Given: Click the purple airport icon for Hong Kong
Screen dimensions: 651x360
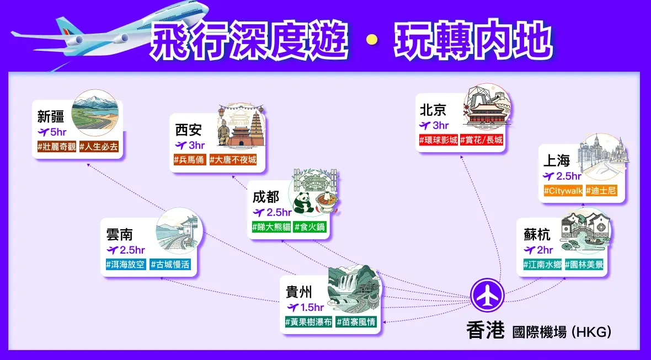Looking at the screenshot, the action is click(x=487, y=295).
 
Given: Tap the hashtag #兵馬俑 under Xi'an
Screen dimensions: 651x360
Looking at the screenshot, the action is click(x=190, y=160).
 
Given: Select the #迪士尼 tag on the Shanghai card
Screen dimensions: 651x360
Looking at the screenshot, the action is click(x=601, y=191).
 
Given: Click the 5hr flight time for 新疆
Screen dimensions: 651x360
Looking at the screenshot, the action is click(x=52, y=132).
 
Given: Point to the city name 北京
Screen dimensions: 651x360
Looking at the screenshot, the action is click(x=433, y=110).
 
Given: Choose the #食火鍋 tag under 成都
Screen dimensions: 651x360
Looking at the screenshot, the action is click(x=310, y=227).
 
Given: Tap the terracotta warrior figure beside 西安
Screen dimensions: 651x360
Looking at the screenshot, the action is click(x=224, y=132).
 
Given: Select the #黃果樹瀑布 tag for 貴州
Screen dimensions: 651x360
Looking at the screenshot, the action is click(x=308, y=322).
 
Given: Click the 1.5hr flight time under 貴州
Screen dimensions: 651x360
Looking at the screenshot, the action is click(x=306, y=307).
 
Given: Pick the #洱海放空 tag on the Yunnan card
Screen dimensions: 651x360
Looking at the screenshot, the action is click(x=125, y=264).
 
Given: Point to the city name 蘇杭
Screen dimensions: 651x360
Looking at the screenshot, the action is click(x=537, y=235).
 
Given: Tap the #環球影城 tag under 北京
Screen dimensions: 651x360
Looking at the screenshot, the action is click(x=439, y=140).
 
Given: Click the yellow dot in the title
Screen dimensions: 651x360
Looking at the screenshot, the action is click(x=372, y=39).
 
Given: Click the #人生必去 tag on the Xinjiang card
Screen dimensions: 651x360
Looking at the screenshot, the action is click(x=99, y=147).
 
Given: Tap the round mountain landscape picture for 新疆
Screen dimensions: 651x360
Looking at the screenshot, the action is click(x=95, y=113).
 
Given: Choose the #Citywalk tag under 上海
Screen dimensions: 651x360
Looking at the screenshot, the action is click(x=563, y=191).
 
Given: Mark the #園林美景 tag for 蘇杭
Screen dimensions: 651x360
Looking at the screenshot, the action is click(x=584, y=264).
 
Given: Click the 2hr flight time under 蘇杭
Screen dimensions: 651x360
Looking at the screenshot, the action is click(x=538, y=250).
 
